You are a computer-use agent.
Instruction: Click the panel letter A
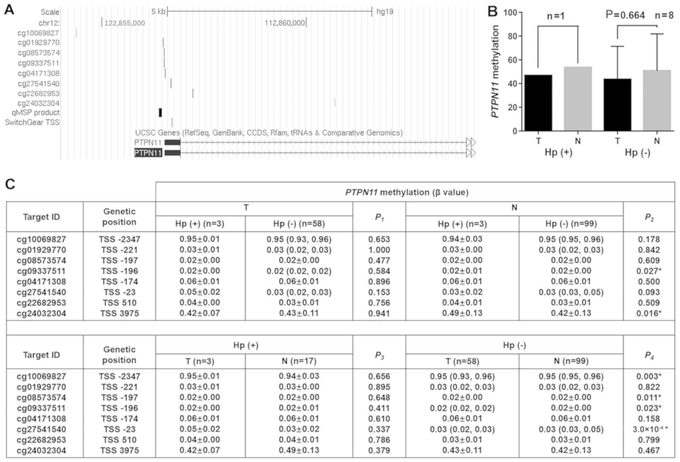click(x=9, y=10)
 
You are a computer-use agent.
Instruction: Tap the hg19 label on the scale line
click(x=385, y=12)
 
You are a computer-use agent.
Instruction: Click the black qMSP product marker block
click(x=160, y=112)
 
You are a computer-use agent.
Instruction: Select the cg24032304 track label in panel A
click(x=39, y=103)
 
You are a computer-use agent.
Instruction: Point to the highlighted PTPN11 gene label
click(x=148, y=153)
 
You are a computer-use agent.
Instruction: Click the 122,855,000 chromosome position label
click(x=125, y=23)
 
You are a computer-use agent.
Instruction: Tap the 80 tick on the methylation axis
click(x=512, y=36)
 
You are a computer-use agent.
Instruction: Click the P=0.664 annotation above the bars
click(x=625, y=15)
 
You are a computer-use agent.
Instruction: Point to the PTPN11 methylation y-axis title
click(x=495, y=71)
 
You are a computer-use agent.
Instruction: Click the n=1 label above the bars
click(x=556, y=16)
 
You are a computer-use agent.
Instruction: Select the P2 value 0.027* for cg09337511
click(x=649, y=271)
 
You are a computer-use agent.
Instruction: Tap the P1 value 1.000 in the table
click(x=379, y=250)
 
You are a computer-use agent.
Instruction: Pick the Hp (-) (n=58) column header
click(x=299, y=224)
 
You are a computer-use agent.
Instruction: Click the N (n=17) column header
click(x=299, y=361)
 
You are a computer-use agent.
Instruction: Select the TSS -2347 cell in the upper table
click(x=120, y=239)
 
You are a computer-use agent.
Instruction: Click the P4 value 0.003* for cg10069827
click(x=649, y=376)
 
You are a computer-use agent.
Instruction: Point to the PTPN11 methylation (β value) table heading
click(x=407, y=192)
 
